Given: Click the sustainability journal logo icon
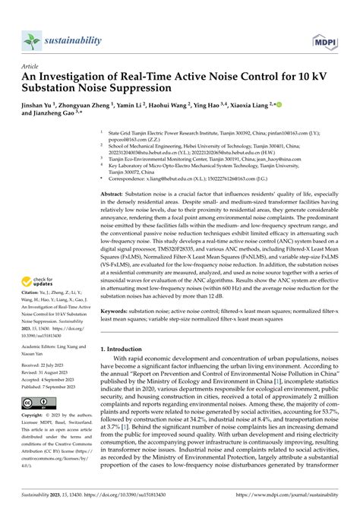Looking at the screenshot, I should coord(31,40).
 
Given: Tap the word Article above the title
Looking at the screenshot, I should coord(31,66).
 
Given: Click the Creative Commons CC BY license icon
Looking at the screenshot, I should coord(37,403).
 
